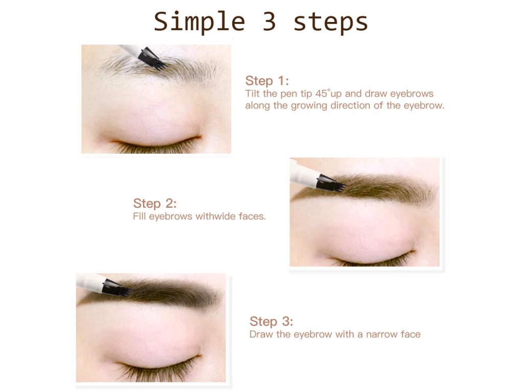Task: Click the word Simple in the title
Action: click(x=199, y=22)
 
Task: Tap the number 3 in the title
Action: click(x=269, y=21)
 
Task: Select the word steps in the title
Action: click(x=330, y=22)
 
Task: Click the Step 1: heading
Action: click(x=267, y=81)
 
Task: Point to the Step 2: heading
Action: click(x=154, y=203)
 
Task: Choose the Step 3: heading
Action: click(x=271, y=322)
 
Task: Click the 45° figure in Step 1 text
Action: click(x=322, y=93)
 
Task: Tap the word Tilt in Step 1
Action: click(x=253, y=93)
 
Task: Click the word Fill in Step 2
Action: click(x=139, y=216)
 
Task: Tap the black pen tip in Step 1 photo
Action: click(x=152, y=59)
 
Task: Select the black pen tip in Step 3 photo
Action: click(x=117, y=287)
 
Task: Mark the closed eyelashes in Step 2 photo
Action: click(x=370, y=259)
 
